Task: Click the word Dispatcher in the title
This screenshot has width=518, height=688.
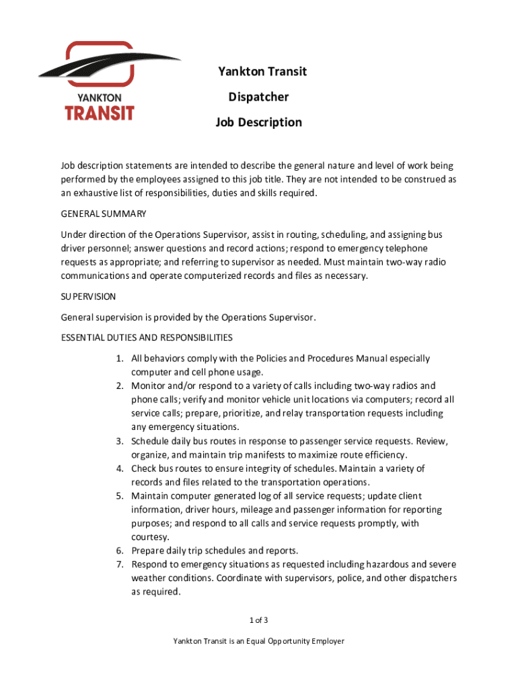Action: tap(259, 97)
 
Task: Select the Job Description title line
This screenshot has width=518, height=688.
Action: tap(259, 122)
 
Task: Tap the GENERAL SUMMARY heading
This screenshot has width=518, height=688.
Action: tap(104, 214)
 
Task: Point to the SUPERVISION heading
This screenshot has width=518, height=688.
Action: tap(88, 296)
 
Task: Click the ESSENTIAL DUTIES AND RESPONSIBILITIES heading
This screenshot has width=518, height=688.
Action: tap(147, 337)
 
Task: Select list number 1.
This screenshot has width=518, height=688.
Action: tap(118, 359)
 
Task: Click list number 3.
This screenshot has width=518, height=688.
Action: tap(118, 441)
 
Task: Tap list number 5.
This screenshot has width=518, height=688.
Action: tap(118, 497)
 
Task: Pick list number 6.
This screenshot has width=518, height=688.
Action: tap(118, 551)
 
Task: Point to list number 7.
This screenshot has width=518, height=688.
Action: tap(118, 565)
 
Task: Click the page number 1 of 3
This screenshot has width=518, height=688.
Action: tap(259, 619)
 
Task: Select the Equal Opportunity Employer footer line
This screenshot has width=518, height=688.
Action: tap(259, 642)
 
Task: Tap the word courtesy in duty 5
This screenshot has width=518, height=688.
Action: tap(150, 537)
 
